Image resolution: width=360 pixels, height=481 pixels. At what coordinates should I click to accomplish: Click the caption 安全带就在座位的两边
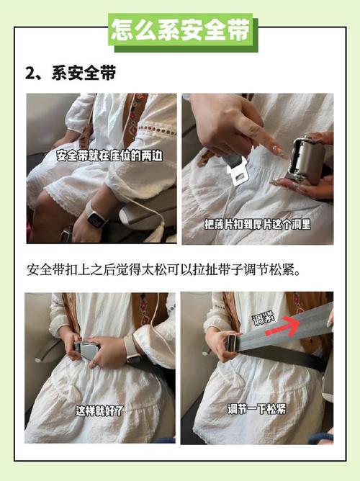pyautogui.click(x=100, y=155)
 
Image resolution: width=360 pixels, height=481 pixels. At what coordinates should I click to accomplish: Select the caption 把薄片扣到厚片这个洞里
pyautogui.click(x=256, y=223)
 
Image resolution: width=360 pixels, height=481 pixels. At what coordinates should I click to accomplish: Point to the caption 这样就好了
pyautogui.click(x=100, y=410)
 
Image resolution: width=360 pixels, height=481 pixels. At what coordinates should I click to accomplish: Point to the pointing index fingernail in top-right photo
pyautogui.click(x=277, y=152)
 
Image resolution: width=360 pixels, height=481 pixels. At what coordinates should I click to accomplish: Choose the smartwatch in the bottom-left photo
pyautogui.click(x=132, y=349)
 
